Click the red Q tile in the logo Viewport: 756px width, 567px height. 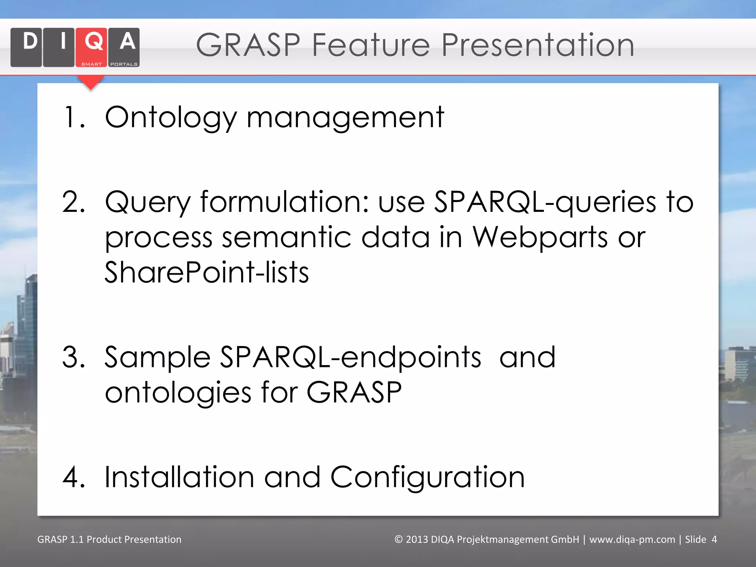[x=91, y=47]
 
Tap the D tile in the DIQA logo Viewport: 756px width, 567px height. [x=26, y=47]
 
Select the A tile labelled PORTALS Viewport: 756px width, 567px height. [x=124, y=47]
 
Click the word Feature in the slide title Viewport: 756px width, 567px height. [x=371, y=45]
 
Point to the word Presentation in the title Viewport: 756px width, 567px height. [x=537, y=45]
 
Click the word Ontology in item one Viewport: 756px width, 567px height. [x=171, y=118]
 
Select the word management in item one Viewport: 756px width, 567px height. [x=345, y=118]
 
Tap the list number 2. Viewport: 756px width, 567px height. [x=73, y=202]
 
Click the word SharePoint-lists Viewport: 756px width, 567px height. [x=207, y=272]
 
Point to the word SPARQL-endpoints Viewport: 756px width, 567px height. [x=350, y=357]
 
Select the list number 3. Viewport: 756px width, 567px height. [x=73, y=357]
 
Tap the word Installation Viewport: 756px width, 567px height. [x=179, y=477]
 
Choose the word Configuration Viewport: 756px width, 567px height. [x=427, y=477]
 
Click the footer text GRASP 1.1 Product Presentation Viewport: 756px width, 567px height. [x=109, y=539]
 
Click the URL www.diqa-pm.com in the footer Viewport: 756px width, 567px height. [x=632, y=539]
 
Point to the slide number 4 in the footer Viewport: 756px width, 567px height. [x=714, y=539]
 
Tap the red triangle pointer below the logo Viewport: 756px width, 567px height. [x=90, y=82]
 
